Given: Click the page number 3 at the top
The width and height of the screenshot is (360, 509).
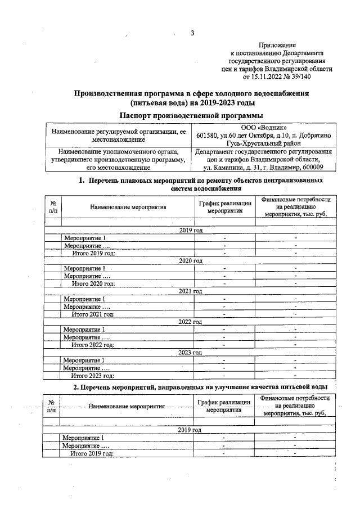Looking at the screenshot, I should pos(192,33).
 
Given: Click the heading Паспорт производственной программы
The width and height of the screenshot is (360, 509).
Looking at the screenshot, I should pos(191,115).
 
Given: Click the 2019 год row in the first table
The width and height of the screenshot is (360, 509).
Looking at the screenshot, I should pos(191,231).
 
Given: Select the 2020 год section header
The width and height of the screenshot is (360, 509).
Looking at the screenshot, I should pos(191,261).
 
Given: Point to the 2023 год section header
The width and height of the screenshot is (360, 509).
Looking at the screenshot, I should pos(191,352).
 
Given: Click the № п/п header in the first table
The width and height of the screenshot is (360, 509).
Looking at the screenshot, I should pos(53,207).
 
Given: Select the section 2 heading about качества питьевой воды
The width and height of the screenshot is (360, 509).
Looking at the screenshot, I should pos(200,388).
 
